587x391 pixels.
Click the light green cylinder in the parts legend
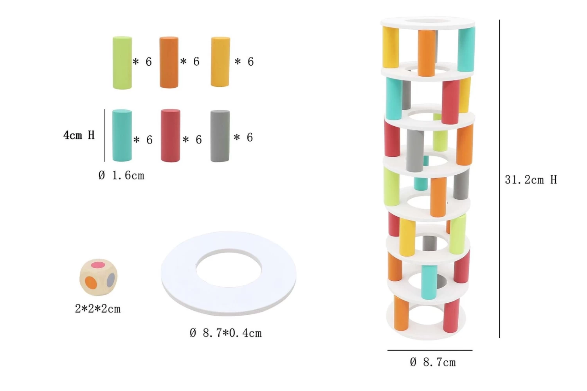tap(122, 63)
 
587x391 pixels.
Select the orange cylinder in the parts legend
tap(169, 63)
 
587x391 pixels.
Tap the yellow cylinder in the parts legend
tap(220, 62)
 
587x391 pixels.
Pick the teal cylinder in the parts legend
tap(122, 135)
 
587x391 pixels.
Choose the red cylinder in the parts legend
tap(170, 135)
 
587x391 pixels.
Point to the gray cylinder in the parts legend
tap(220, 136)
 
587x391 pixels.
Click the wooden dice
tap(98, 277)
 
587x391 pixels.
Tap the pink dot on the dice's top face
tap(98, 265)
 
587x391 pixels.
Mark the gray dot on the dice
tap(111, 279)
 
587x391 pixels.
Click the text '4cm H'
tap(79, 135)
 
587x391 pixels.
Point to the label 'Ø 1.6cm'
tap(121, 176)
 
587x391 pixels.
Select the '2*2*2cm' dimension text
tap(98, 309)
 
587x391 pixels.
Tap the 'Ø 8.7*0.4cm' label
tap(226, 333)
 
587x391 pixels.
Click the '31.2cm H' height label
tap(531, 180)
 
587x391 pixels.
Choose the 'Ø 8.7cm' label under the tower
tap(433, 362)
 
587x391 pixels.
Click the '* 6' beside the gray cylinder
tap(243, 137)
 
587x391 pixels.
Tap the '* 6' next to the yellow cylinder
tap(244, 62)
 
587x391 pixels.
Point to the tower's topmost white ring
tap(428, 22)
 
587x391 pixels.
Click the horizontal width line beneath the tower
tap(430, 350)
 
